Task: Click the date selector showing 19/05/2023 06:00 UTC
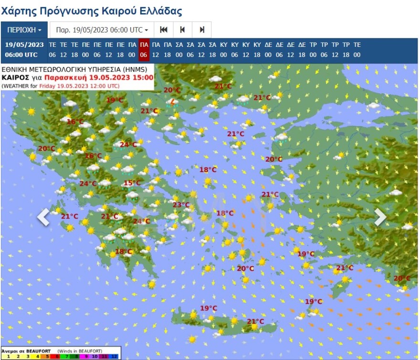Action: click(102, 30)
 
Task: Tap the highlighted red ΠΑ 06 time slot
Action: click(144, 50)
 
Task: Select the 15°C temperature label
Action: click(132, 183)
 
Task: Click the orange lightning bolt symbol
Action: click(173, 101)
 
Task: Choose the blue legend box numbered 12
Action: click(115, 356)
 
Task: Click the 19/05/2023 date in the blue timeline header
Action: click(24, 44)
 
